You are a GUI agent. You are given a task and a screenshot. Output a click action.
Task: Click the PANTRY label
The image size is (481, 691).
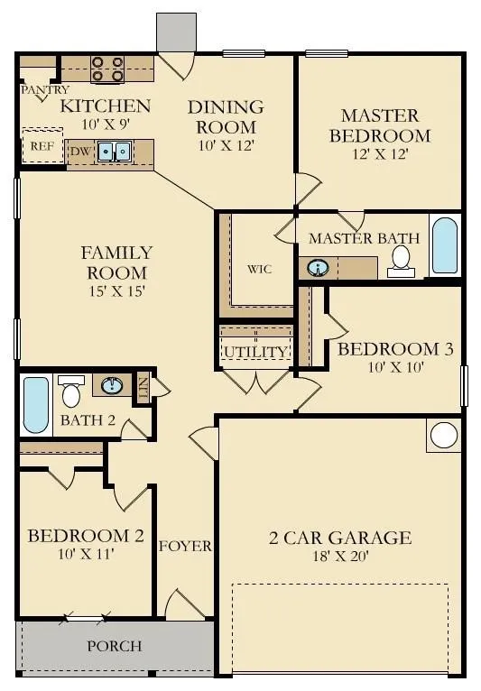click(x=45, y=90)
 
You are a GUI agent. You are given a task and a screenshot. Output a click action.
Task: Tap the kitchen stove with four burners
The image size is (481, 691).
click(x=107, y=69)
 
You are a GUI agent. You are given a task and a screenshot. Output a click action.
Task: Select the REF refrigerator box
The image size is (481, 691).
click(x=42, y=145)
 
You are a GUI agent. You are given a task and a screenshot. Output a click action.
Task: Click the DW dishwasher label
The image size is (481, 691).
click(x=80, y=152)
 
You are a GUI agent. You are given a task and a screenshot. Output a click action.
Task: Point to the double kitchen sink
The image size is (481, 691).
click(x=115, y=152)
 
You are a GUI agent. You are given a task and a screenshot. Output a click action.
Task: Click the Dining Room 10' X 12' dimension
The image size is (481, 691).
click(x=226, y=145)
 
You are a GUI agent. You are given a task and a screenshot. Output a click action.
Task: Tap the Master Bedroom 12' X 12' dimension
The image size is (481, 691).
click(x=379, y=153)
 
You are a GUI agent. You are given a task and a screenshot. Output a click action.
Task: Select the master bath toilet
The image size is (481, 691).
click(x=401, y=262)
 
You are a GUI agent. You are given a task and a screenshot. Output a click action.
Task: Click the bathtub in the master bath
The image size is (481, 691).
click(x=444, y=245)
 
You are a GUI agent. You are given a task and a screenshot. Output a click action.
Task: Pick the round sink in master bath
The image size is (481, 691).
click(x=317, y=268)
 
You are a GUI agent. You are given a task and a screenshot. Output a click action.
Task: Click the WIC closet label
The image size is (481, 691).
click(x=260, y=269)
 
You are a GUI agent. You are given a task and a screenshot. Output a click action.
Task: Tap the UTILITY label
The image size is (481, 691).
click(x=255, y=352)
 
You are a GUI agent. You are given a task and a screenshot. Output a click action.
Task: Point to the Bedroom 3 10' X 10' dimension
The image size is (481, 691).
click(x=396, y=366)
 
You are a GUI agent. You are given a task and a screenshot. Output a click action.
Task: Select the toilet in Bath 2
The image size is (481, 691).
click(x=71, y=392)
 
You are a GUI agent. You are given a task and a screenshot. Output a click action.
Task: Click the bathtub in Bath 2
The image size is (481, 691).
click(x=36, y=404)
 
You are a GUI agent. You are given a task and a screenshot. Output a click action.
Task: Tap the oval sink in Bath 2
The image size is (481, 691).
click(x=112, y=385)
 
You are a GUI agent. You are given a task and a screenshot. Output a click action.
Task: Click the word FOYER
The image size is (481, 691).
click(x=185, y=546)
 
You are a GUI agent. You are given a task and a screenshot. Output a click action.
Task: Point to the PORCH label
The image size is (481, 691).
click(x=115, y=646)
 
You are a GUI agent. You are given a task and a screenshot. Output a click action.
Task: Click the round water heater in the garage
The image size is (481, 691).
click(x=443, y=435)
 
